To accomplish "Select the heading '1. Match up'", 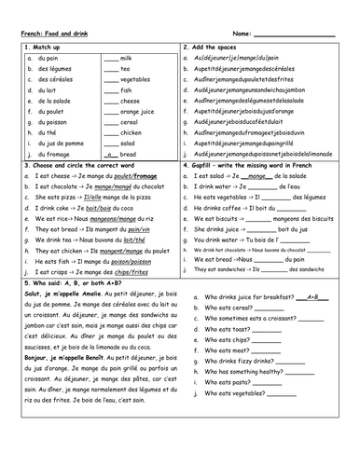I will coord(43,47).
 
